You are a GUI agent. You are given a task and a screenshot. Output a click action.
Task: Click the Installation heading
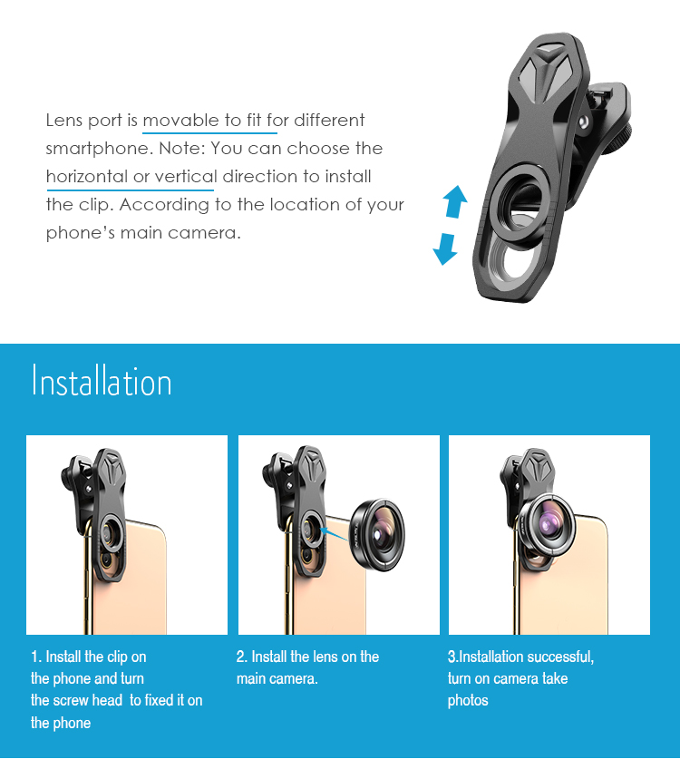coord(102,382)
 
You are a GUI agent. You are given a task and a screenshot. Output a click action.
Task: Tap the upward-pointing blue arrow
coord(455,201)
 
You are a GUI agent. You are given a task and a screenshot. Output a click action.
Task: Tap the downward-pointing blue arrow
coord(445,248)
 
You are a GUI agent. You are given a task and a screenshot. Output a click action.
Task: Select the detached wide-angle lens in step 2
coord(377,534)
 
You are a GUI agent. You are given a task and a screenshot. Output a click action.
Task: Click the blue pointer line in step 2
coord(335,534)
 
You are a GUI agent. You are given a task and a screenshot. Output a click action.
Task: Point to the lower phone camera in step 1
coord(106,561)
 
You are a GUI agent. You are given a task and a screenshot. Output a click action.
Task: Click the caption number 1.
coord(35,657)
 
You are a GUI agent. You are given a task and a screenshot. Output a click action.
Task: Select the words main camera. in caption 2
coord(277,678)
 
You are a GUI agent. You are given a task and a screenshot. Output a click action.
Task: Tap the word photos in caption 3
coord(468,701)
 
